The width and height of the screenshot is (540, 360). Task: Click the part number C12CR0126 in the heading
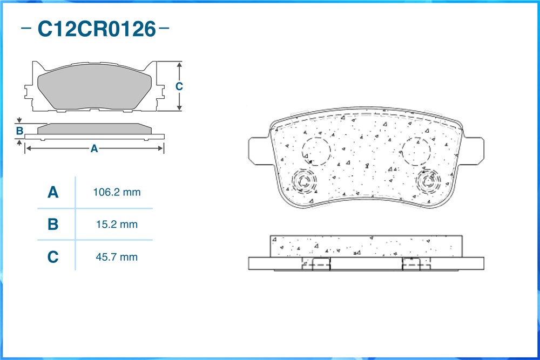(x=97, y=29)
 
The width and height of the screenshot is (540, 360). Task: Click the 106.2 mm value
(x=117, y=192)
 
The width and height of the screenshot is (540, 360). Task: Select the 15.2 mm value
(x=117, y=225)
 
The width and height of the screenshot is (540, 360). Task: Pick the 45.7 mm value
(x=117, y=257)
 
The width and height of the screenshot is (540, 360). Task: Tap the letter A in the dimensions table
(x=53, y=192)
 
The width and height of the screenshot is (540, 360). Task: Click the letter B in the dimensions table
(x=53, y=225)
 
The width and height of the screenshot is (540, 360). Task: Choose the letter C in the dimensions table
(x=53, y=257)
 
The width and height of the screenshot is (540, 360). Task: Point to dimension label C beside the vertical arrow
(x=179, y=86)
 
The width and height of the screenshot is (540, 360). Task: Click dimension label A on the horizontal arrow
(x=94, y=148)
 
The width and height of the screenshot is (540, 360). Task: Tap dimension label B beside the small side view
(x=19, y=131)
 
